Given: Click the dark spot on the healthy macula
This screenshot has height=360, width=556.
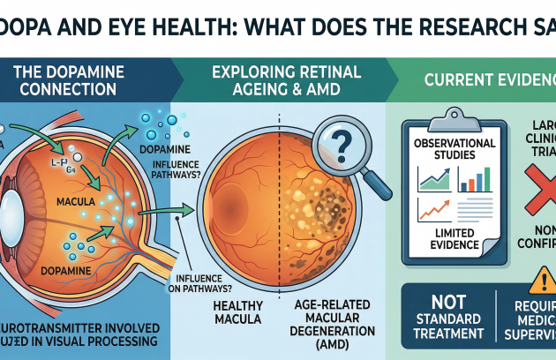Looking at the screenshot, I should point(231,191).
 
